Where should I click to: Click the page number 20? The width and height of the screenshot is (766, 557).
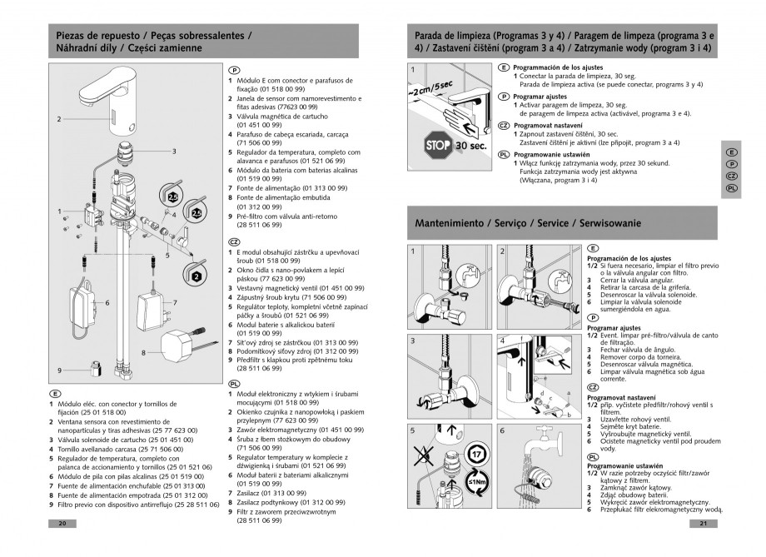62,524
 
